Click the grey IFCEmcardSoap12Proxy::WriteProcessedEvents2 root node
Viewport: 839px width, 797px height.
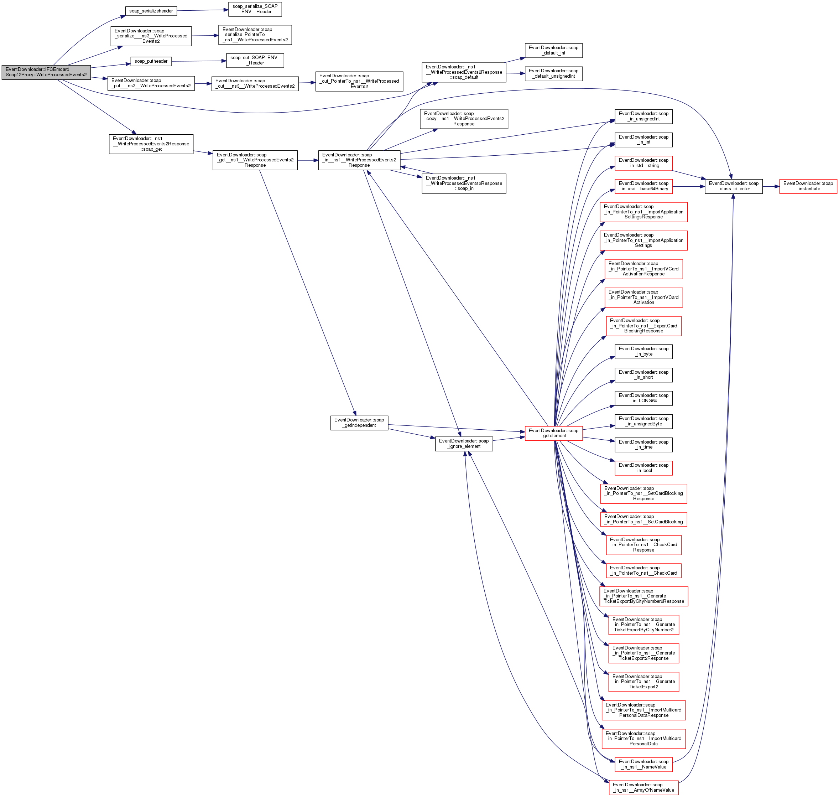46,72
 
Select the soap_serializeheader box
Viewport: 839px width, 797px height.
151,11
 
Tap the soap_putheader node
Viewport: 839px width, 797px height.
151,62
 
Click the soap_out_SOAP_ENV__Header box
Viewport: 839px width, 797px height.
255,60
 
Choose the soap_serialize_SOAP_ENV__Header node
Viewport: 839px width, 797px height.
255,9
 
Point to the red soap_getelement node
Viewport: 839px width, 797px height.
553,433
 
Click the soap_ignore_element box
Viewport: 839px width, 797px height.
464,444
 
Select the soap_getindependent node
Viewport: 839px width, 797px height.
359,423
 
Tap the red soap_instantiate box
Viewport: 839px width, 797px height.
808,186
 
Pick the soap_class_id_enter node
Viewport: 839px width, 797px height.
733,186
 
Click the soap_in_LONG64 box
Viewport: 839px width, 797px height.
643,398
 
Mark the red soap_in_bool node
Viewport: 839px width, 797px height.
643,468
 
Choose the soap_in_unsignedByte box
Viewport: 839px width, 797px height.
643,421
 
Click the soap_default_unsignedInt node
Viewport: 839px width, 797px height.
553,74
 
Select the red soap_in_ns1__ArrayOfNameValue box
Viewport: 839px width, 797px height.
643,788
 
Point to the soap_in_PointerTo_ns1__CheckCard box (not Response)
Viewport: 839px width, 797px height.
643,570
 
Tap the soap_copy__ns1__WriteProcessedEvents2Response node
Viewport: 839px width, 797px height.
464,119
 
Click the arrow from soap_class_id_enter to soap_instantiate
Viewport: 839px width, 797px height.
771,186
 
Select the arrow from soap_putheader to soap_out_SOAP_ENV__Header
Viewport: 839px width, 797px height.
199,61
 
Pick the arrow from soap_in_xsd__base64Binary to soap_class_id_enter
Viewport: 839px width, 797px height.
688,186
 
